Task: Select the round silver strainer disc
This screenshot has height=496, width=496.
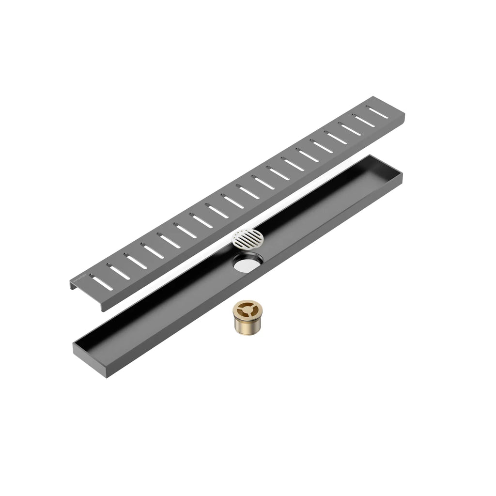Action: (x=248, y=238)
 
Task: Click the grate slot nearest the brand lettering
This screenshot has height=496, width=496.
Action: (x=101, y=283)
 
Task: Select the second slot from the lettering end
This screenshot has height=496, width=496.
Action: (x=119, y=272)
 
